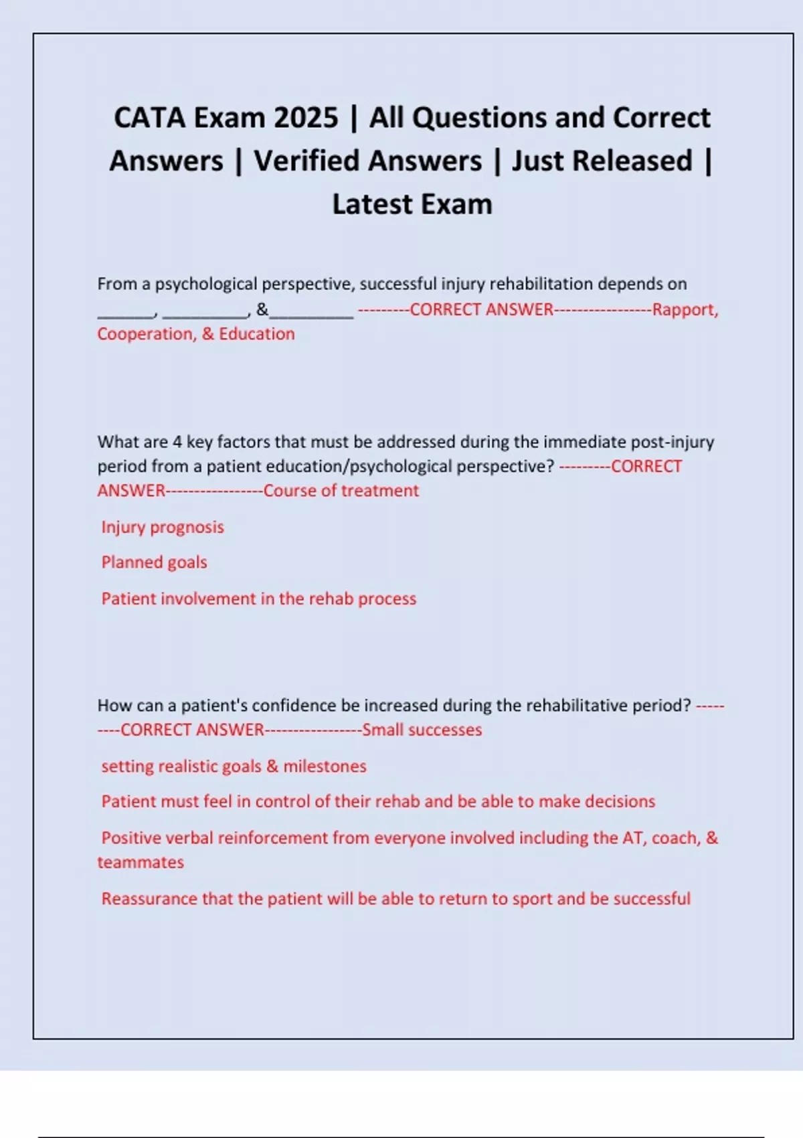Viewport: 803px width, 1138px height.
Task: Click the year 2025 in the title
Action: [x=306, y=118]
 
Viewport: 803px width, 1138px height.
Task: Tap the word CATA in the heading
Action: [x=149, y=118]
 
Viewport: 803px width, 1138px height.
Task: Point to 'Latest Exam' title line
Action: [x=412, y=204]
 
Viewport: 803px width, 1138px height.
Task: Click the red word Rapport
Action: [x=685, y=309]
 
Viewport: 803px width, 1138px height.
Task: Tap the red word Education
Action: [x=257, y=334]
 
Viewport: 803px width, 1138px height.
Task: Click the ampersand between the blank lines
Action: [x=262, y=309]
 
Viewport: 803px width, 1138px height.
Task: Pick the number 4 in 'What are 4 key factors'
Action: [x=177, y=442]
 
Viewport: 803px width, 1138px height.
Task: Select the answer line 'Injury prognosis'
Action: [x=163, y=527]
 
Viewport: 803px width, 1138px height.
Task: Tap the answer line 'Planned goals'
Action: [x=154, y=562]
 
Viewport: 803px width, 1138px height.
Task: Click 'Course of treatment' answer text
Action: [x=341, y=491]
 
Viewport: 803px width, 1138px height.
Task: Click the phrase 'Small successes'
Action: [x=422, y=730]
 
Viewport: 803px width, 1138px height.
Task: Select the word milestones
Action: [x=325, y=766]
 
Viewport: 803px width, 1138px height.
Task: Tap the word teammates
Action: [x=141, y=862]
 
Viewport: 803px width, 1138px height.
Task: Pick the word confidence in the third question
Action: [x=294, y=706]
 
